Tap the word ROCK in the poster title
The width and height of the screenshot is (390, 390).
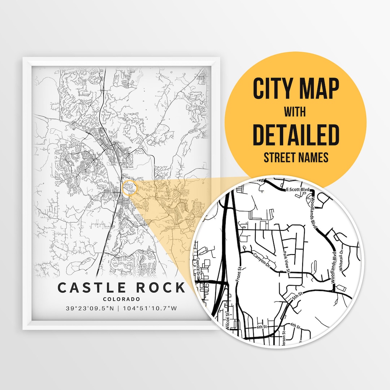coord(159,288)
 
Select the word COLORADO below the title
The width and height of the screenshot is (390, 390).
coord(121,299)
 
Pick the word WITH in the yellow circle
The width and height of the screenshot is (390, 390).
coord(295,113)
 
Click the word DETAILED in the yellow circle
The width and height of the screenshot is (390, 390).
coord(296,135)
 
